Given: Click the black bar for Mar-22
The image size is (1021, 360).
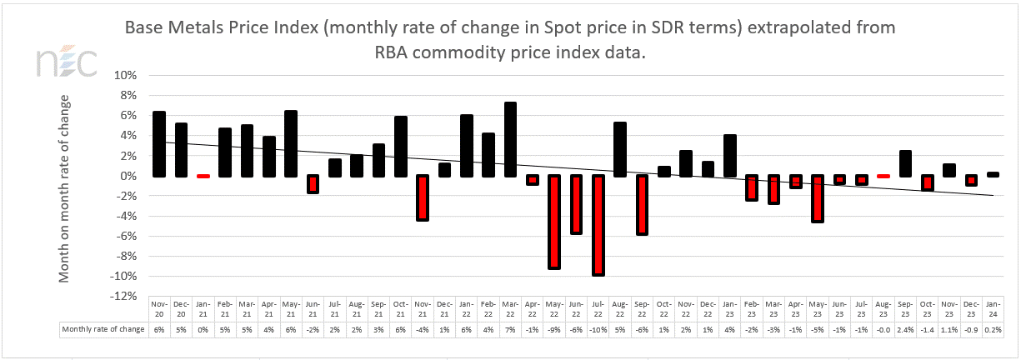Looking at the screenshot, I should tap(511, 139).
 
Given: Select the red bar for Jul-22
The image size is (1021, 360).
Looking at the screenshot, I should tap(598, 225).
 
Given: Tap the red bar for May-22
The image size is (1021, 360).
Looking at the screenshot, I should tap(554, 222).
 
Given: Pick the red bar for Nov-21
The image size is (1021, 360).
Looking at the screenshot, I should tap(423, 197).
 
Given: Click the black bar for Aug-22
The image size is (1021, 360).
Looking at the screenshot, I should tap(620, 149).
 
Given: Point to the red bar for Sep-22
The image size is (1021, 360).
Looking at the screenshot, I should tap(642, 205).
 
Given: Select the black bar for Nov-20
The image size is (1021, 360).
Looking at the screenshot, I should tap(159, 144).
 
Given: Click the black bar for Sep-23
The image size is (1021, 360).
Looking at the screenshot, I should tap(906, 163).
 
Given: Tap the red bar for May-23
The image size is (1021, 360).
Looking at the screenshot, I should tap(818, 198).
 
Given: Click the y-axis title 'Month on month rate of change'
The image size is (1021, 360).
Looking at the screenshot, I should tap(65, 187).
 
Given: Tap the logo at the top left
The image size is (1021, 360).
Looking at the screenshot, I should tap(67, 63).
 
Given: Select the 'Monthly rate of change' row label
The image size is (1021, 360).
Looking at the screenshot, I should tap(103, 329).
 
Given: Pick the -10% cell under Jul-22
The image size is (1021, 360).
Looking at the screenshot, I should tap(598, 329).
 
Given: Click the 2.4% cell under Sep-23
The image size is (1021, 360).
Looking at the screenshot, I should tap(906, 329).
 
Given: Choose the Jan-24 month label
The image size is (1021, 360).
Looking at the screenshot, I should tap(993, 308).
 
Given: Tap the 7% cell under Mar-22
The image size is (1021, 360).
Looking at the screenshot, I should tap(511, 329).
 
